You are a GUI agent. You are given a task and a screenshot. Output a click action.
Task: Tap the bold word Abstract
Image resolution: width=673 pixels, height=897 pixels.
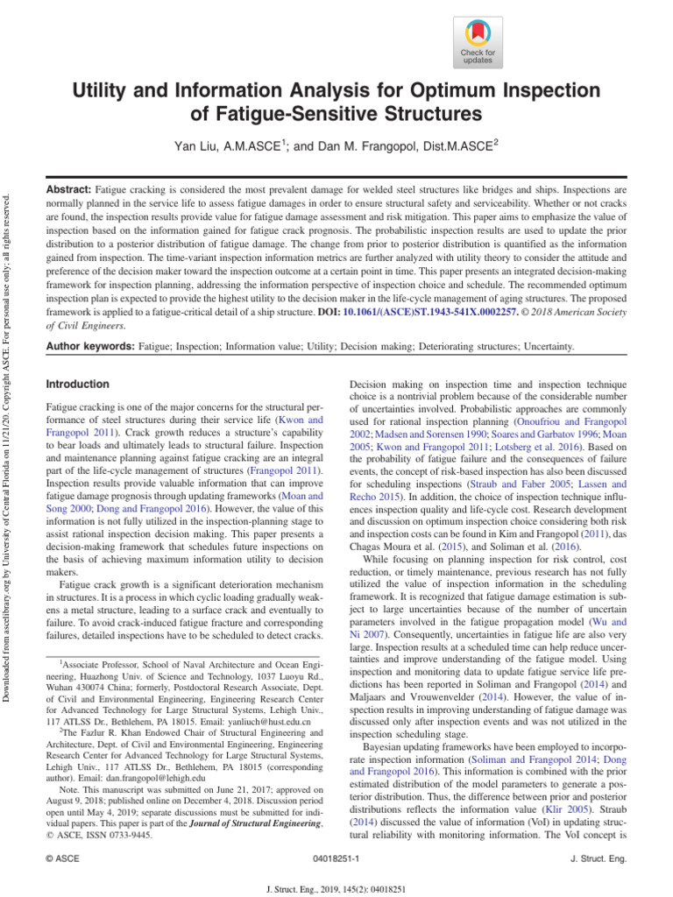click(x=67, y=189)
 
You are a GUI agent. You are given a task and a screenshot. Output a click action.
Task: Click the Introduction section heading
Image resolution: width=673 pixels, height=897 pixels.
click(x=77, y=384)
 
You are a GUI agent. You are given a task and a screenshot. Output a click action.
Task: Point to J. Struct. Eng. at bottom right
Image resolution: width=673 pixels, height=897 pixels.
click(x=599, y=860)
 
